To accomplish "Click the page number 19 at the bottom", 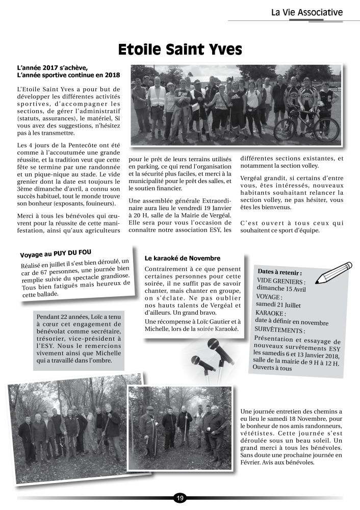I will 180,498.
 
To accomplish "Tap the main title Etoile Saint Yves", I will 180,49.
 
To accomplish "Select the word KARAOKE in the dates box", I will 270,314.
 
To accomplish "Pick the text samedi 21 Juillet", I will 277,304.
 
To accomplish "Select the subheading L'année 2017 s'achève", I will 53,67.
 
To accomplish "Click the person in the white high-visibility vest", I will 157,102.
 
